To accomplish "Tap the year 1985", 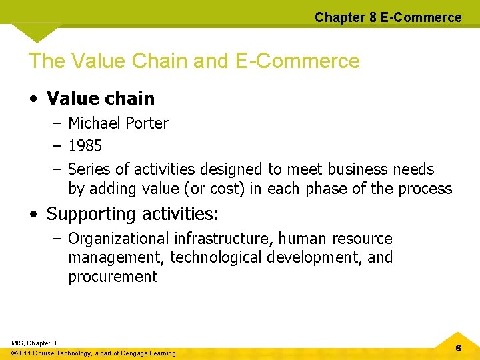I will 85,145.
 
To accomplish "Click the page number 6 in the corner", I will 458,348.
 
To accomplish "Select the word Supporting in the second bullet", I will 91,215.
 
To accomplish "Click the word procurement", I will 113,277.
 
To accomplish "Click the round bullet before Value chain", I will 33,99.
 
